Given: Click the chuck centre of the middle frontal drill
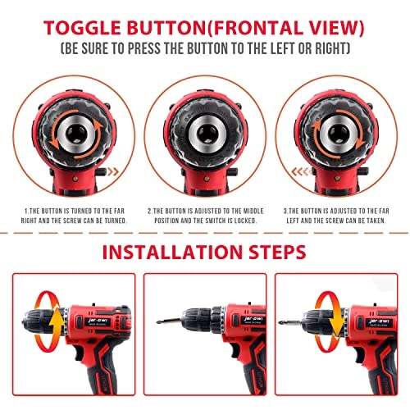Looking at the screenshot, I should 205,135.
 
